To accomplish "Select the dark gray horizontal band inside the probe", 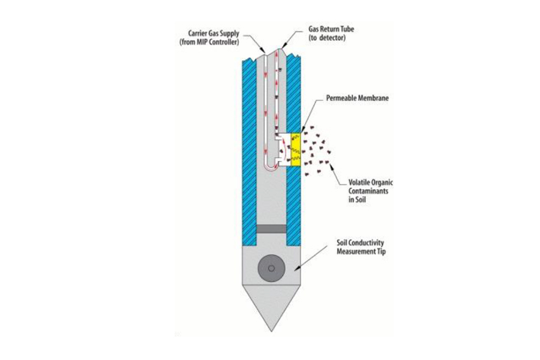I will click(271, 230).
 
